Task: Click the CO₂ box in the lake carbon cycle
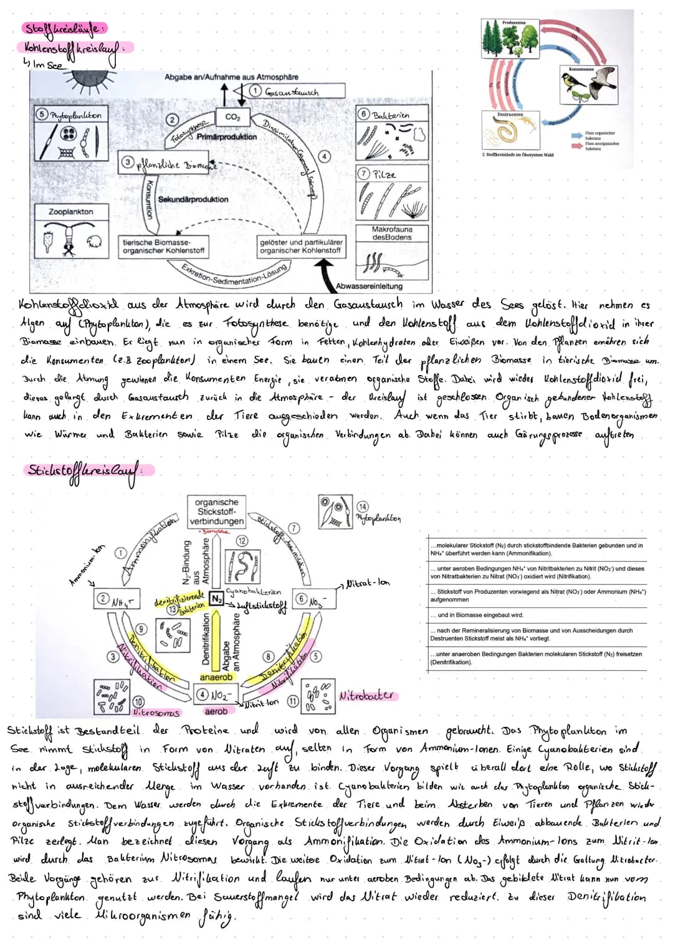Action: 232,116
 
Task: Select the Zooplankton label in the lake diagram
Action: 71,212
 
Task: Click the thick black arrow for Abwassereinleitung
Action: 323,273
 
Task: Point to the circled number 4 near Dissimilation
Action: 325,155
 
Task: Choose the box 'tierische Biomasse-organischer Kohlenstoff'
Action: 163,246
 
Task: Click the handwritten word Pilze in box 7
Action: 384,175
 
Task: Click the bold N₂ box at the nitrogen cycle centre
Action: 216,598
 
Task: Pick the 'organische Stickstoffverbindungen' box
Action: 216,511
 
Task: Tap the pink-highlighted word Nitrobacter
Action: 368,695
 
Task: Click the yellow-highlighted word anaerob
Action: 216,677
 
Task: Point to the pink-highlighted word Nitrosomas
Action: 156,712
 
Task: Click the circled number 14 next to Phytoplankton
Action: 362,506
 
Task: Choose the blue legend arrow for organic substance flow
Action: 577,134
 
